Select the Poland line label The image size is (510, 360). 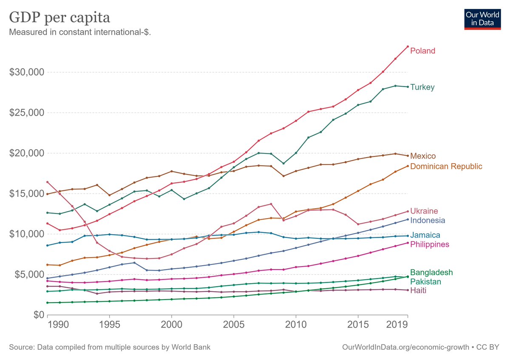coord(422,51)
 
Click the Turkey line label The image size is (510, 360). coord(422,88)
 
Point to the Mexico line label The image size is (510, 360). coord(423,156)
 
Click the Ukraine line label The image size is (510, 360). coord(424,211)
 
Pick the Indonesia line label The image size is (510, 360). coord(428,221)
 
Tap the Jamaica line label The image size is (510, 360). coord(425,235)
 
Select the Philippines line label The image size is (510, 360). coord(429,245)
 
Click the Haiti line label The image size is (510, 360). coord(418,291)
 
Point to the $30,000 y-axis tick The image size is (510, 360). coord(27,72)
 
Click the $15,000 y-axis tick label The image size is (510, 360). coord(27,194)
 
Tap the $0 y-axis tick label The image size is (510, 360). coord(38,315)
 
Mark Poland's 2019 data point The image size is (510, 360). coord(408,46)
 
